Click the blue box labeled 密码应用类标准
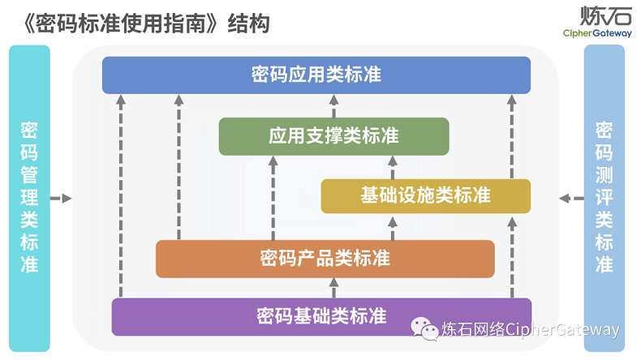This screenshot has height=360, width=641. coord(316,75)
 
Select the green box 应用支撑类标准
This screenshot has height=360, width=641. coord(333,136)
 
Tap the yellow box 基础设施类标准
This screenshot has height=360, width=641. coord(425,195)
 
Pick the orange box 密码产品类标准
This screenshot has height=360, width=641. coord(325,259)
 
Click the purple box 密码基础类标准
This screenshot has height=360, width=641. coord(321,315)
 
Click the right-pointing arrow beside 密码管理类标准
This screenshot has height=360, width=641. coord(61,198)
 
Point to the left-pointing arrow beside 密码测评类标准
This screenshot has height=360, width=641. coord(572,198)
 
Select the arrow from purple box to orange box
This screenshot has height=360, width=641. coord(333,287)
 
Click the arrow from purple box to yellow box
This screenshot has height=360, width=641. coord(511,256)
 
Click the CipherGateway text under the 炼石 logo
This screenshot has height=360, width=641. coord(599,33)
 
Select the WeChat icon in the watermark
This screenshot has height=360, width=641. coord(424,328)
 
